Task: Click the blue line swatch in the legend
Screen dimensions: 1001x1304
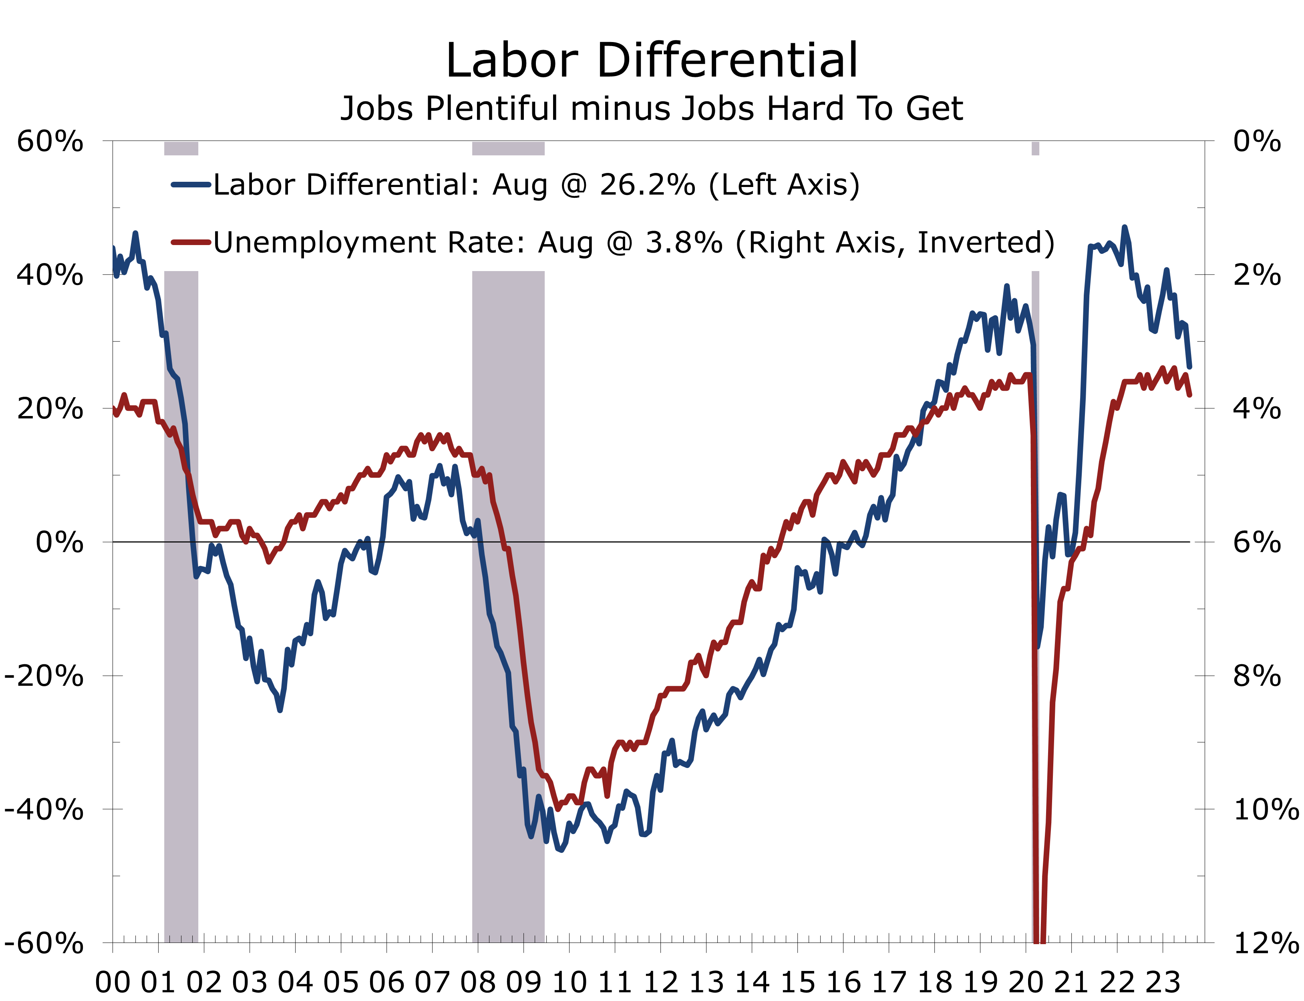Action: tap(191, 185)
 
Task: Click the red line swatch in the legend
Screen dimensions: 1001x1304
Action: tap(191, 242)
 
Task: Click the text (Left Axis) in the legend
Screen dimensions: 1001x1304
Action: tap(784, 185)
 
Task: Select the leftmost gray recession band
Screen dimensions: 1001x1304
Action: tap(181, 596)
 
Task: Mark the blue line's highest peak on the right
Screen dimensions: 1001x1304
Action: tap(1124, 227)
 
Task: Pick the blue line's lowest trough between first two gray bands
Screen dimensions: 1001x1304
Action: tap(280, 710)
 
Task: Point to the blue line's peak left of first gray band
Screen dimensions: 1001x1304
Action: tap(135, 233)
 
